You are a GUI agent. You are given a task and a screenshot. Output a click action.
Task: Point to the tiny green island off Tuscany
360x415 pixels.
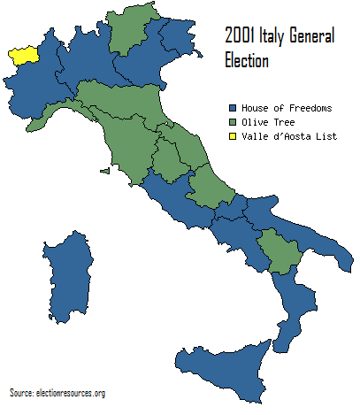coord(104,171)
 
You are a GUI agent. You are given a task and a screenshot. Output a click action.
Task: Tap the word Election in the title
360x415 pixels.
coord(243,62)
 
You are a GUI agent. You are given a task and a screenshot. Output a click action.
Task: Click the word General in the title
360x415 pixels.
coord(313,39)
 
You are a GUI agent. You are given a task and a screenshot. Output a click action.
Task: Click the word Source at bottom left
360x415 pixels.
coord(21,392)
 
